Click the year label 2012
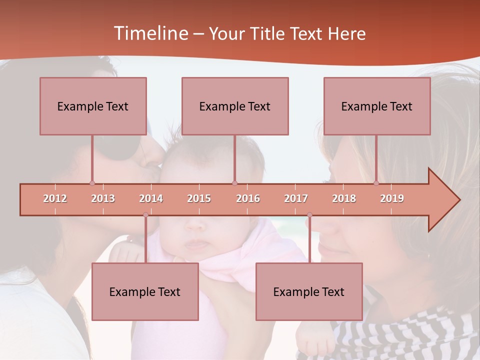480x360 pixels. tap(55, 198)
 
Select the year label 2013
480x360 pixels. tap(103, 198)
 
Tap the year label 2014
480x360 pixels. tap(151, 198)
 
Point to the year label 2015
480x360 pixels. tap(199, 198)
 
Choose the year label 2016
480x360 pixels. tap(248, 198)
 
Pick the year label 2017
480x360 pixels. tap(296, 198)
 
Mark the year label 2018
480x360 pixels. tap(344, 198)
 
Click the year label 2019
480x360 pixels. tap(392, 198)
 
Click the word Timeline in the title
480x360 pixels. tap(149, 33)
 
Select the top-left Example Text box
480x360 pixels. tap(93, 106)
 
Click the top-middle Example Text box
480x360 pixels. tap(235, 106)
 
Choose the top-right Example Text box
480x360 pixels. tap(377, 106)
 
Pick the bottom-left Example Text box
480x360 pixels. tap(145, 291)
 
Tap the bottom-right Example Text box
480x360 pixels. tap(309, 291)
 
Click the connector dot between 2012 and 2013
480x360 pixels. tap(92, 183)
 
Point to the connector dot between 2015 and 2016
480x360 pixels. tap(234, 183)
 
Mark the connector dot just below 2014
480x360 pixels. tap(145, 215)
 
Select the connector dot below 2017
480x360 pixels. tap(309, 215)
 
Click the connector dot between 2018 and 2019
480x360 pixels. tap(376, 183)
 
